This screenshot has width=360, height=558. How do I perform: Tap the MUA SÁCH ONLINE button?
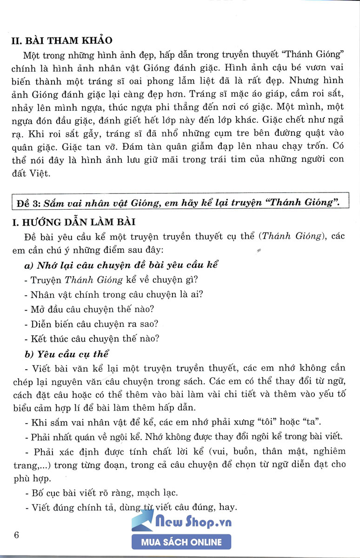(181, 542)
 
